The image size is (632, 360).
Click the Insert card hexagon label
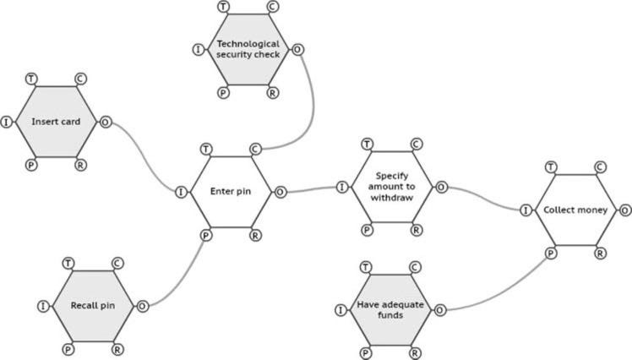tap(56, 122)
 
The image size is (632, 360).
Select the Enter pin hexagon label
tap(230, 191)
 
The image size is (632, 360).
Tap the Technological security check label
tap(248, 49)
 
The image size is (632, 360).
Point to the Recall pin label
tap(92, 306)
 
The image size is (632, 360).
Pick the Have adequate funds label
tap(390, 309)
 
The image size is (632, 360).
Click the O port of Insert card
tap(106, 122)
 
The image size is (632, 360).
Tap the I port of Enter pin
tap(182, 192)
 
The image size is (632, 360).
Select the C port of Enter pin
tap(255, 150)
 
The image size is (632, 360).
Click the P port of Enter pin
tap(205, 234)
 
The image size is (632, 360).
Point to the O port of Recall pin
tap(142, 306)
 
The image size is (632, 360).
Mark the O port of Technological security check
tap(297, 50)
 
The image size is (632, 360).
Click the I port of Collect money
tap(526, 210)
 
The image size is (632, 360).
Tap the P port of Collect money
tap(550, 253)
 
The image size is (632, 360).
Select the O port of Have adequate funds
tap(439, 310)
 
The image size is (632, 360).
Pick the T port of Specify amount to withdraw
tap(367, 145)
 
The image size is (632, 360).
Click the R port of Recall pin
tap(117, 348)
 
